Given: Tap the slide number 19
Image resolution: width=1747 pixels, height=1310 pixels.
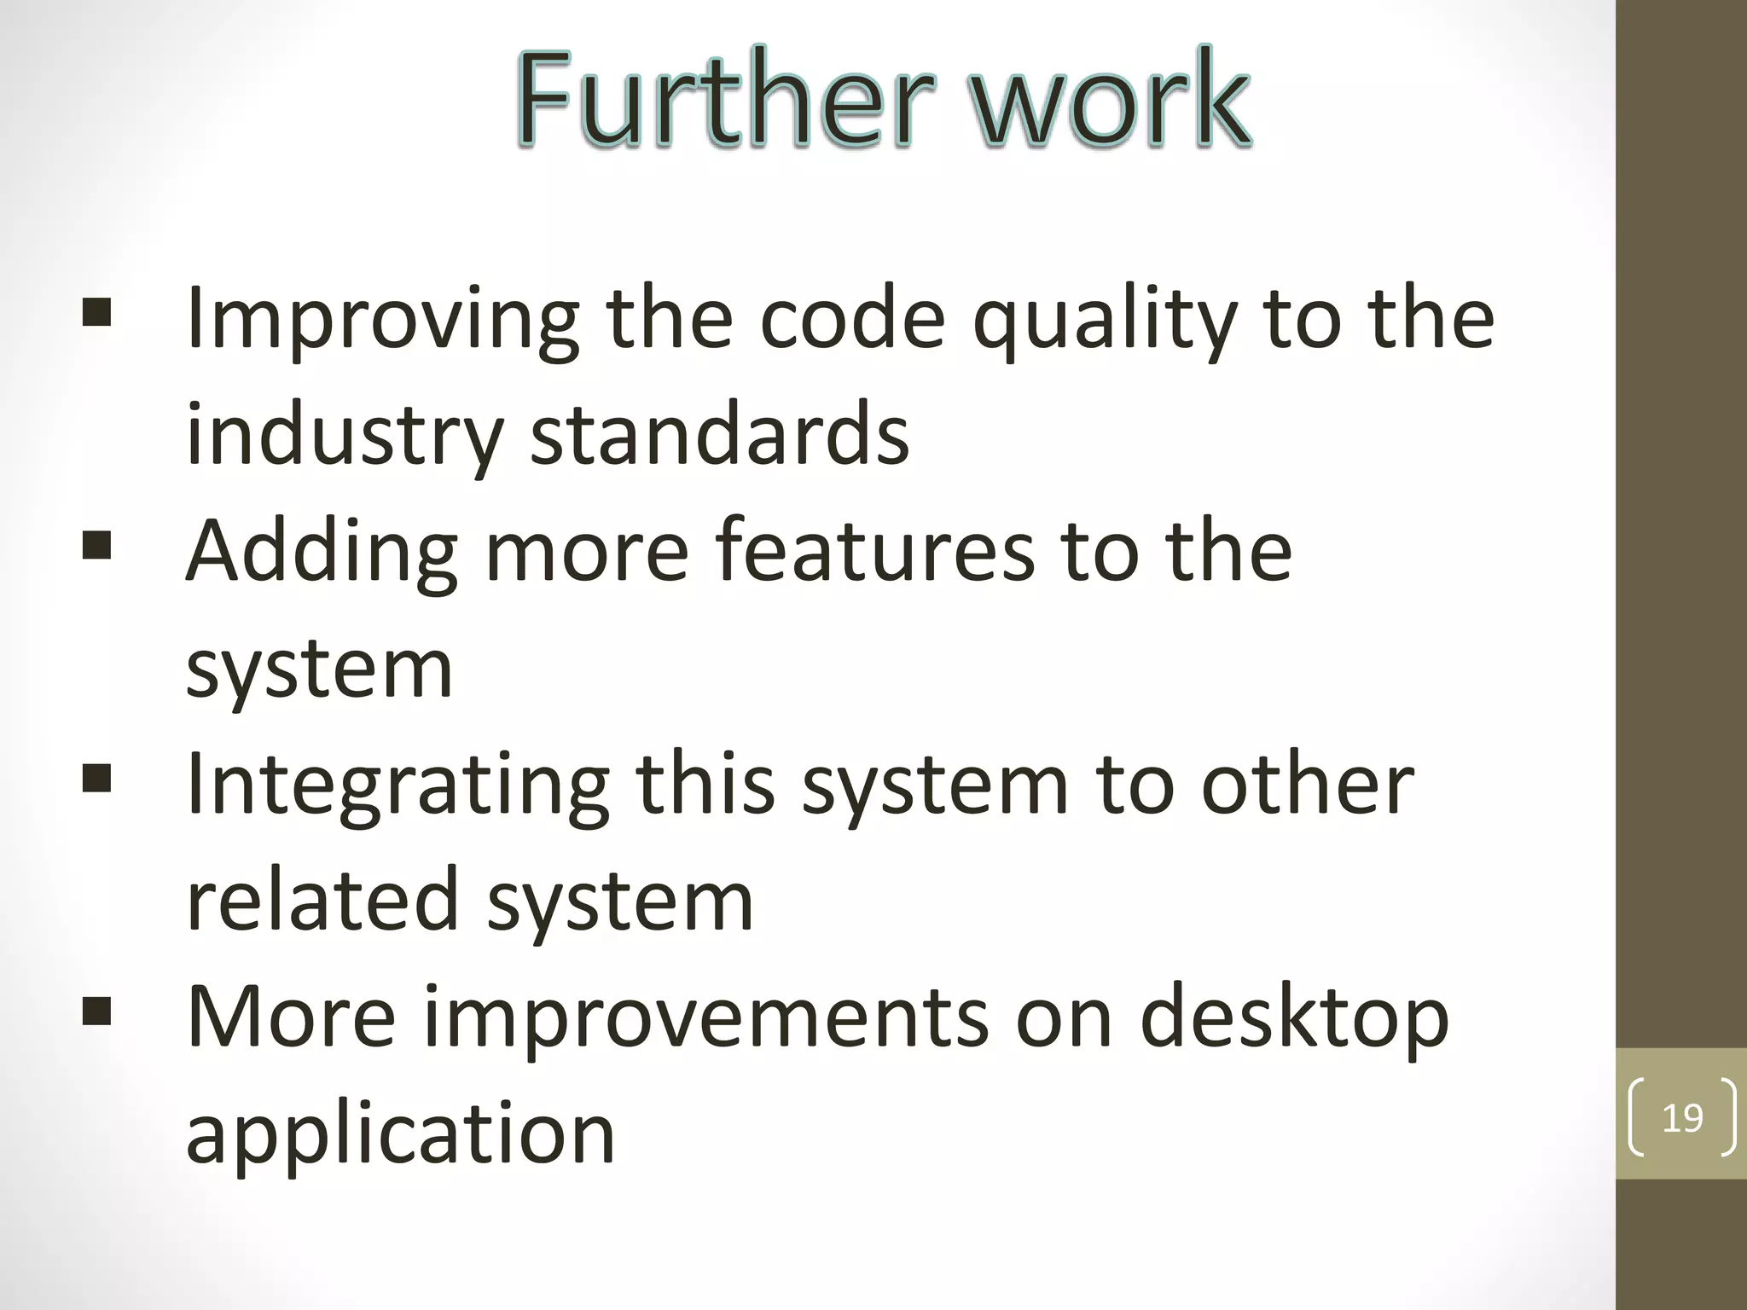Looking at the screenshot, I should pyautogui.click(x=1682, y=1118).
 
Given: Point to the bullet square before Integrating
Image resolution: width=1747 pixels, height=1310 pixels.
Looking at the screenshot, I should pyautogui.click(x=97, y=778).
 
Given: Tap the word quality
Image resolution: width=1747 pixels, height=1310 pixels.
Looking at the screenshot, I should pyautogui.click(x=1106, y=320).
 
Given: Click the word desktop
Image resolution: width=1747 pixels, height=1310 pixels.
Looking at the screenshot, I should pyautogui.click(x=1294, y=1018).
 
